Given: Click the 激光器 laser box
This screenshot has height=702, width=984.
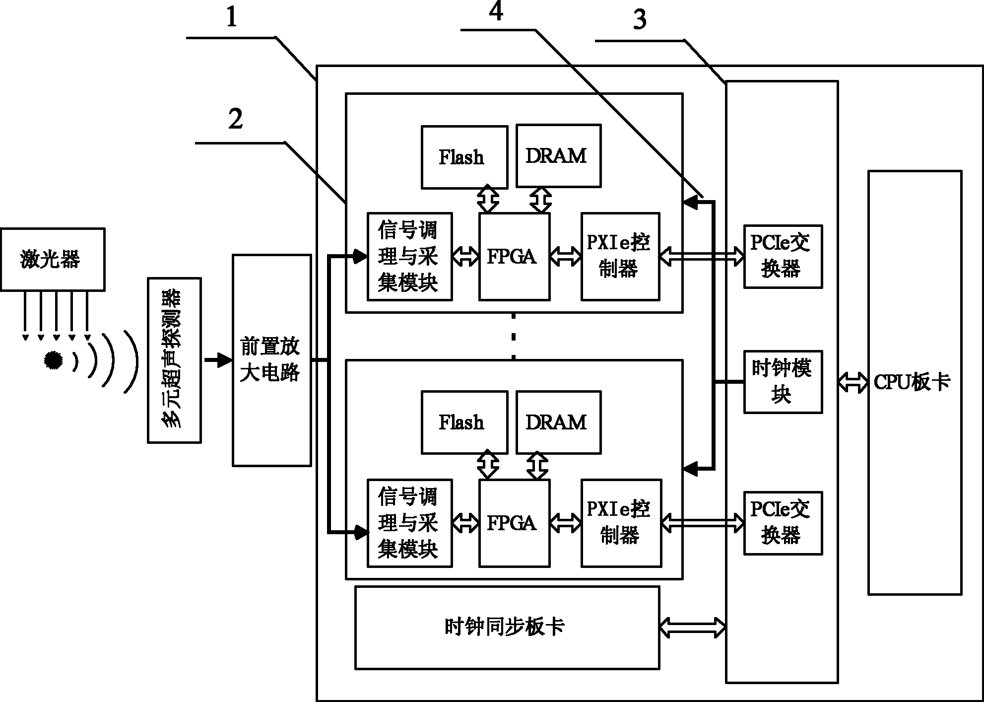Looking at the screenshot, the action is click(53, 259).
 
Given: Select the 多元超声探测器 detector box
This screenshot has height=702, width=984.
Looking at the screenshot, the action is click(174, 360).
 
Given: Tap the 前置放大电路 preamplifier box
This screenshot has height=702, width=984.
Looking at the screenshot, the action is click(272, 360).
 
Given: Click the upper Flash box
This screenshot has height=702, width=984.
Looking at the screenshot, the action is click(464, 157).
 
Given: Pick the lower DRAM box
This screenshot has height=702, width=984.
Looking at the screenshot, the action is click(559, 422).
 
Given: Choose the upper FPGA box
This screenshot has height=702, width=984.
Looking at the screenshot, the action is click(514, 257).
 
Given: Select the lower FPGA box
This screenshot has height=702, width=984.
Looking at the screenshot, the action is click(514, 523).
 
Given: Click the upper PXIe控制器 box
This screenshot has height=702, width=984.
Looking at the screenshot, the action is click(620, 257).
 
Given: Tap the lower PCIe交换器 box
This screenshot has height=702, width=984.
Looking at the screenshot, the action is click(783, 523).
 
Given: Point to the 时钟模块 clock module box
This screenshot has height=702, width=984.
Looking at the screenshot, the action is click(783, 382).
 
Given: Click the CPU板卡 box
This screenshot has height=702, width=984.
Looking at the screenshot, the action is click(915, 383).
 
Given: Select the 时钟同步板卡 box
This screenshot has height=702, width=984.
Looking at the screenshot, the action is click(507, 628).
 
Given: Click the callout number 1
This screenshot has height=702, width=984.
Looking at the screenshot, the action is click(232, 17).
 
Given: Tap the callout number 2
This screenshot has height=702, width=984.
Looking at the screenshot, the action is click(235, 120).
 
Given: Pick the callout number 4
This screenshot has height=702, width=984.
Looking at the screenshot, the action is click(496, 11).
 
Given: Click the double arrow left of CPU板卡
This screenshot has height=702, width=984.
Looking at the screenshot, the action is click(853, 383).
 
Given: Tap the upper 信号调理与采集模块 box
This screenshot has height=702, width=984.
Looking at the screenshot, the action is click(409, 257).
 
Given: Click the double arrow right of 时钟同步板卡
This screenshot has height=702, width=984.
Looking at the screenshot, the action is click(693, 627).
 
